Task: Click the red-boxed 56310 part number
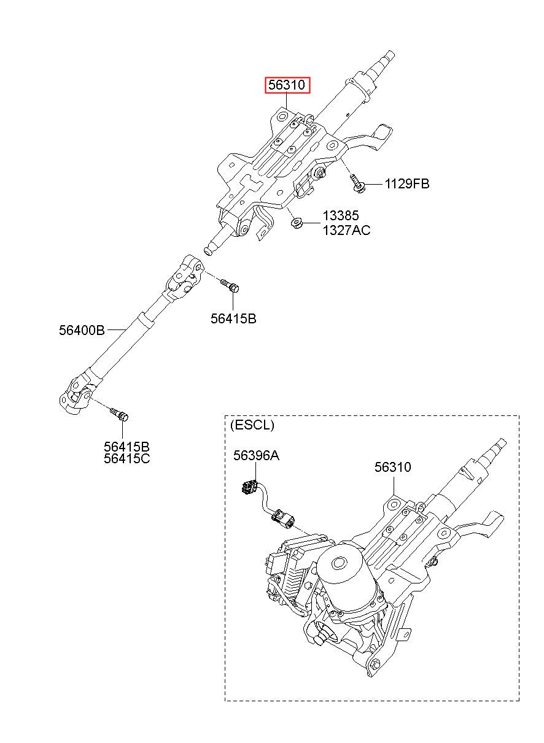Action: click(x=287, y=85)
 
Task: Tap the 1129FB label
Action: click(x=407, y=183)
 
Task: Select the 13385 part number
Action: click(x=341, y=215)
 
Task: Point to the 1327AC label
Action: click(x=346, y=230)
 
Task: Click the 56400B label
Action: click(x=82, y=330)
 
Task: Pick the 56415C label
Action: click(x=126, y=459)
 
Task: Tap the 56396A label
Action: click(x=256, y=455)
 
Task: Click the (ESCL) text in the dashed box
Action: click(x=252, y=425)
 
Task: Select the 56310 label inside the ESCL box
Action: click(x=392, y=467)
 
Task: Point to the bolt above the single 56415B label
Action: click(x=230, y=285)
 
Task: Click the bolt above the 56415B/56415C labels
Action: click(x=119, y=414)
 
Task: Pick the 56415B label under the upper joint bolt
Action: click(x=233, y=318)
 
